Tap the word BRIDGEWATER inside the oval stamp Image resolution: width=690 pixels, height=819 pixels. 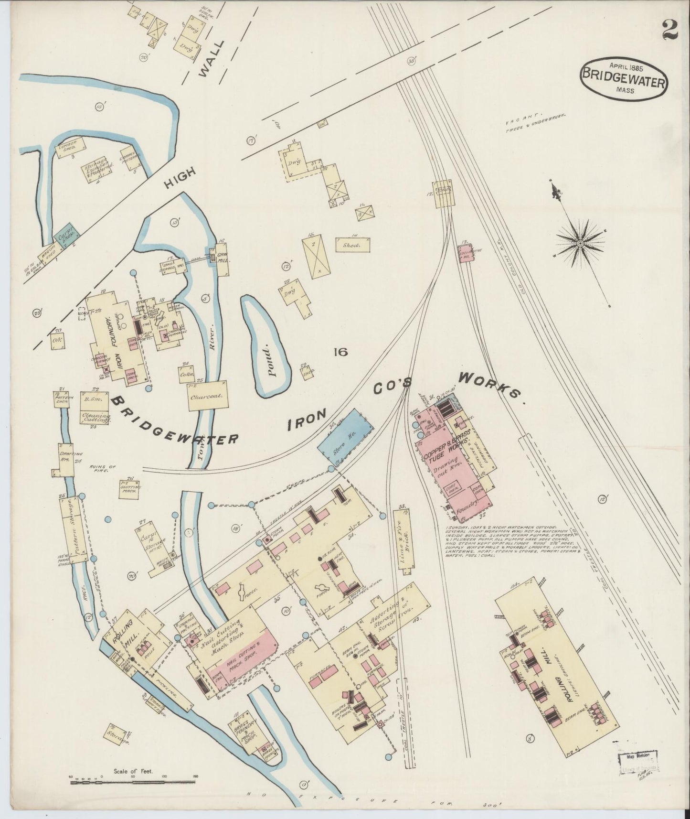tap(624, 82)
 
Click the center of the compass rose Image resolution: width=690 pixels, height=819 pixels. tap(580, 243)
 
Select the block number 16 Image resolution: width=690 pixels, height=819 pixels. tap(340, 353)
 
